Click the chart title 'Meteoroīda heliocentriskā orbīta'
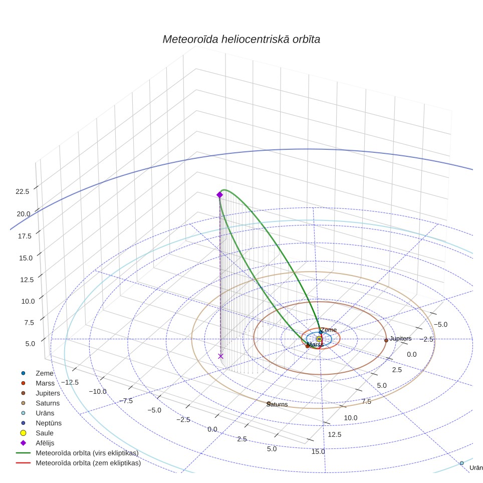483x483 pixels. [x=241, y=39]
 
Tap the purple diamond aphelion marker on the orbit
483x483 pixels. [x=219, y=195]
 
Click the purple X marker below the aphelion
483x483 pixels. [x=220, y=356]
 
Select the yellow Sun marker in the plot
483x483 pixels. [x=319, y=339]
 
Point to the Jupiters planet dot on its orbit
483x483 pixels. [x=386, y=340]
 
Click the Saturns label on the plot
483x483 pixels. [x=277, y=404]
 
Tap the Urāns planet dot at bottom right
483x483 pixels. [x=462, y=463]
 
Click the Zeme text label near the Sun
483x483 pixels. [x=329, y=330]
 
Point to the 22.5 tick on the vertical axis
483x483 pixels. [x=23, y=191]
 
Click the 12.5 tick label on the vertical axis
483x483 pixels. [x=27, y=280]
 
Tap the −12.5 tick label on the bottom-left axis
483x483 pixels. [x=70, y=382]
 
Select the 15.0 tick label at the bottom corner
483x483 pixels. [x=318, y=451]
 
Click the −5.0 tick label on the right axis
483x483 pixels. [x=440, y=324]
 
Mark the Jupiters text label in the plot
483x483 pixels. [x=400, y=339]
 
